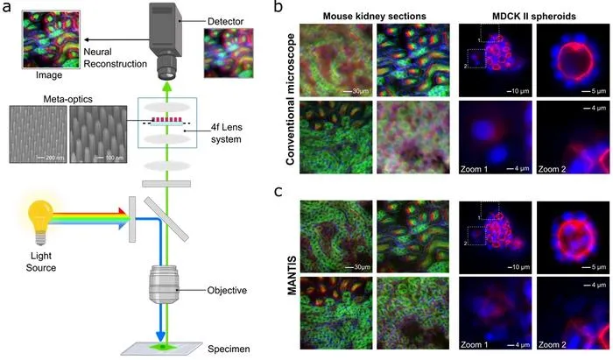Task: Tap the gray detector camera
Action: tap(165, 40)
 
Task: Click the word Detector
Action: tap(226, 22)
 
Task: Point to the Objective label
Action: tap(227, 291)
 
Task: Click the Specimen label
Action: tap(229, 349)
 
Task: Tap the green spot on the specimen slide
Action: tap(164, 347)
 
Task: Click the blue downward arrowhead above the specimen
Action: tap(160, 336)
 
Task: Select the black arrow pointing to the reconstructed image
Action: tap(116, 39)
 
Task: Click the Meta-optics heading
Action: tap(68, 99)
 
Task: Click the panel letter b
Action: tap(278, 7)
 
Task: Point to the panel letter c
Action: tap(278, 192)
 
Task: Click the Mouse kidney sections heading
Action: tap(374, 16)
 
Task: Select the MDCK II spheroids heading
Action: tap(533, 16)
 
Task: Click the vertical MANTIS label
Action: tap(292, 276)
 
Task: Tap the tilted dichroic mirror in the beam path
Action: tap(166, 219)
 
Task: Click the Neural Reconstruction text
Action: tap(116, 58)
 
